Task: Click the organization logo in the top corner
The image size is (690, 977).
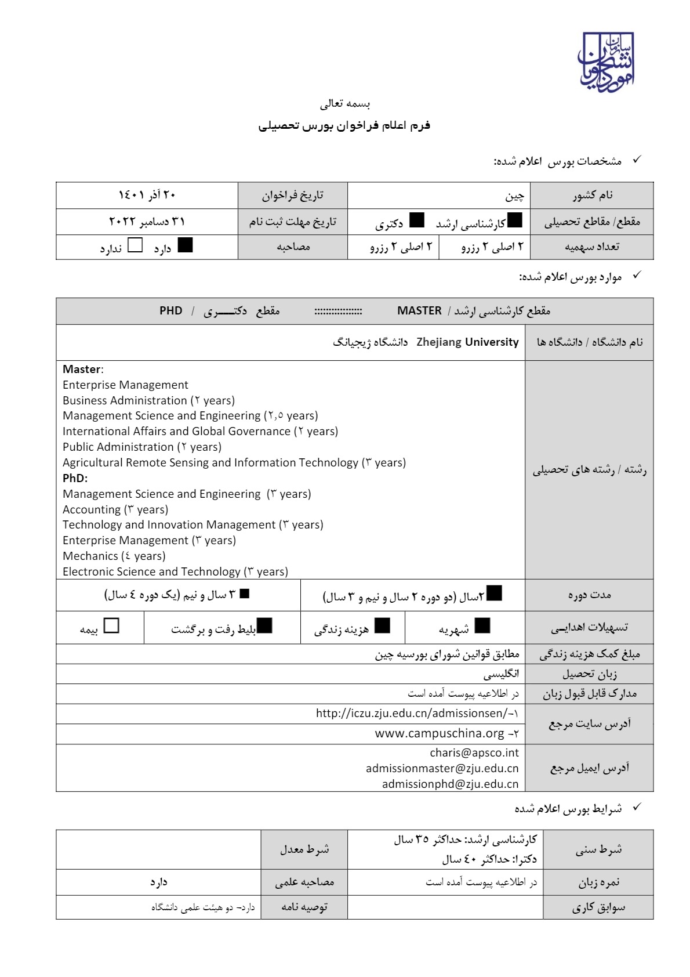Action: [605, 61]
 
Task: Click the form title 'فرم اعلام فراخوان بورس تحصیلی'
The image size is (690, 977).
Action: [344, 125]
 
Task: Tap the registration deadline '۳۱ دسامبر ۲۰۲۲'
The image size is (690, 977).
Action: [147, 222]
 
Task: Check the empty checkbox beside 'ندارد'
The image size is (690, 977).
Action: [135, 245]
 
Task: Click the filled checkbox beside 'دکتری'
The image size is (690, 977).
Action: [416, 220]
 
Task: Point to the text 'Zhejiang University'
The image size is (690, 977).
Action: [467, 342]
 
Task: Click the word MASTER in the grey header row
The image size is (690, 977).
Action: [419, 311]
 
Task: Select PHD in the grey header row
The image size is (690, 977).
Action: [171, 311]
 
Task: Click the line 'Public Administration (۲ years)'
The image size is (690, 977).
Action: [142, 447]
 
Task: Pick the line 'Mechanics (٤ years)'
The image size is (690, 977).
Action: [114, 556]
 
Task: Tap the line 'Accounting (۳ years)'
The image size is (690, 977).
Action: [115, 510]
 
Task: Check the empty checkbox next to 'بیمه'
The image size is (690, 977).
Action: [111, 625]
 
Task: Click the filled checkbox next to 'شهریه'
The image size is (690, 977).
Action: [482, 625]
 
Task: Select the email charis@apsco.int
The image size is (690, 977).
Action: [474, 753]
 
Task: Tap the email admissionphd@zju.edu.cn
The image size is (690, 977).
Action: [450, 784]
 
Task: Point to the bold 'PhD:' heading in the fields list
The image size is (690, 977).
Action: [75, 479]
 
